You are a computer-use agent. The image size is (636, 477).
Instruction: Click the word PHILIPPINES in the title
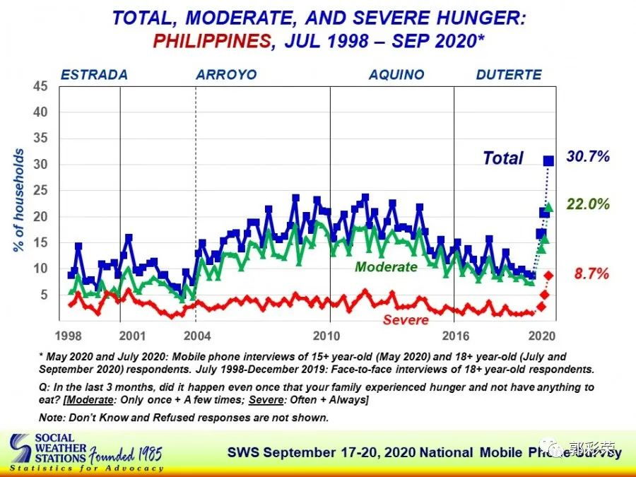(x=211, y=40)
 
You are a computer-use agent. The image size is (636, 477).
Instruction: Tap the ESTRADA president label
(x=94, y=75)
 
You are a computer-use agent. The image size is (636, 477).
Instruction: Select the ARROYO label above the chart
(x=226, y=75)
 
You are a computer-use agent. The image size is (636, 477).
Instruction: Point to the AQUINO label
(x=396, y=75)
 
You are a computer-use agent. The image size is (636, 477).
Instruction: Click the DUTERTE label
(x=509, y=75)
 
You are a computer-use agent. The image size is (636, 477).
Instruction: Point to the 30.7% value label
(x=588, y=157)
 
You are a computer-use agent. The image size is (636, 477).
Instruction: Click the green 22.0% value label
(x=588, y=204)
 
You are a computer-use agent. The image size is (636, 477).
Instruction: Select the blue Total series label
(x=503, y=158)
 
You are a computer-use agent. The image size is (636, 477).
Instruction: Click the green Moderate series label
(x=386, y=267)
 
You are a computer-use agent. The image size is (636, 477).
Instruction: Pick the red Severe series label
(x=406, y=320)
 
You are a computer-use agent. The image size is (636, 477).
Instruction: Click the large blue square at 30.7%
(x=548, y=161)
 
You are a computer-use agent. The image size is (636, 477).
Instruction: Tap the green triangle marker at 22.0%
(x=549, y=206)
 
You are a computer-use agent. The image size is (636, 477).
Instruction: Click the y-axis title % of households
(x=19, y=201)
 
